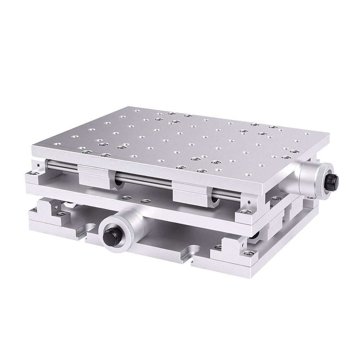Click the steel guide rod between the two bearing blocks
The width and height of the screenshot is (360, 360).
coord(144,180)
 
